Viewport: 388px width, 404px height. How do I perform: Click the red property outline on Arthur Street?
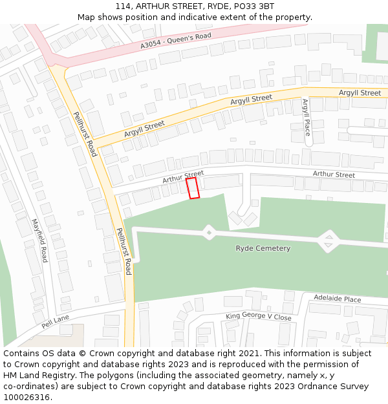pyautogui.click(x=193, y=189)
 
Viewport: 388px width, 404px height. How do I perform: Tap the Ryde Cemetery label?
pyautogui.click(x=263, y=248)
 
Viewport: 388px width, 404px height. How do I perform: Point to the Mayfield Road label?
pyautogui.click(x=40, y=240)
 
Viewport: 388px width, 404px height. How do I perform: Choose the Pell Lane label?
pyautogui.click(x=55, y=322)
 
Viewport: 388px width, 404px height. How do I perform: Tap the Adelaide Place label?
pyautogui.click(x=337, y=299)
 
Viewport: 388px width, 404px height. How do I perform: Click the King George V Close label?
pyautogui.click(x=258, y=317)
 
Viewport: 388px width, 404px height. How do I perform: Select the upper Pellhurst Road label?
pyautogui.click(x=85, y=134)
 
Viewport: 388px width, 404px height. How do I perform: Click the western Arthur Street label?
pyautogui.click(x=183, y=176)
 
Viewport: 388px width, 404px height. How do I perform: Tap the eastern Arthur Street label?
pyautogui.click(x=334, y=175)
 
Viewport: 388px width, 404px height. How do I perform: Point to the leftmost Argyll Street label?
pyautogui.click(x=144, y=127)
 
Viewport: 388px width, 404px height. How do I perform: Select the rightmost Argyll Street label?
pyautogui.click(x=360, y=93)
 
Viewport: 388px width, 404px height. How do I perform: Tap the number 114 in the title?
pyautogui.click(x=124, y=6)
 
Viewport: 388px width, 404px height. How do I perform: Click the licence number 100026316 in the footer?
pyautogui.click(x=27, y=397)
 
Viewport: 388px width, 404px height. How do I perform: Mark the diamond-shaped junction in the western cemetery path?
pyautogui.click(x=209, y=232)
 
